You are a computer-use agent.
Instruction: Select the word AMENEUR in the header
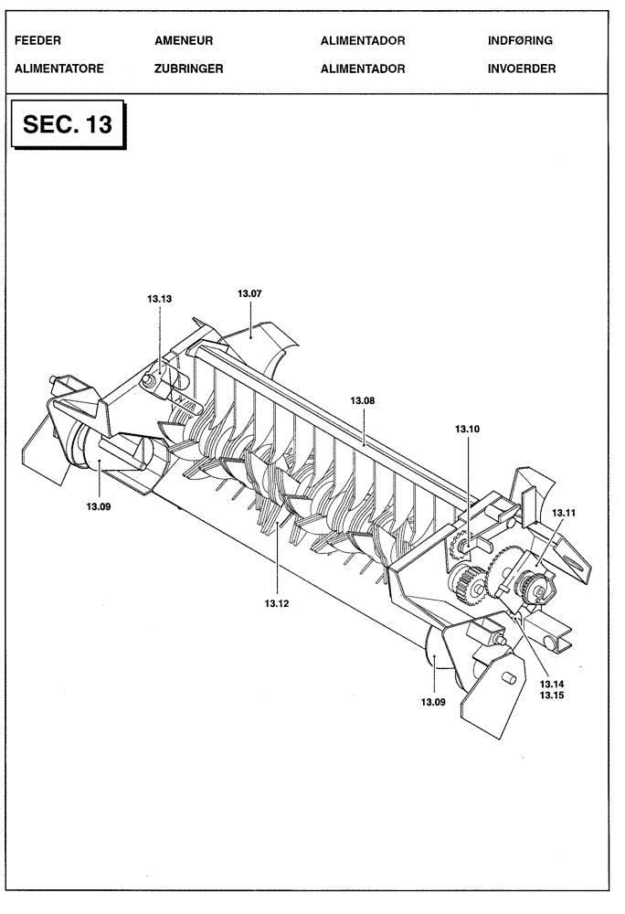[183, 41]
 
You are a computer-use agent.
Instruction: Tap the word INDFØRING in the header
[521, 41]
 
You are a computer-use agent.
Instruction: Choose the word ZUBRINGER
[189, 69]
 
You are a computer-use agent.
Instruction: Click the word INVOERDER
[522, 69]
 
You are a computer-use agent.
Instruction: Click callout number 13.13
[159, 298]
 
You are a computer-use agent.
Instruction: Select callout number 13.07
[249, 293]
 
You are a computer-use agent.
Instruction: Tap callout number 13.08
[364, 400]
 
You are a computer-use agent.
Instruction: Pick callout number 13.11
[563, 514]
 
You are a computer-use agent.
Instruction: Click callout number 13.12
[276, 603]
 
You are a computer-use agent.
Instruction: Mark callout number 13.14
[552, 684]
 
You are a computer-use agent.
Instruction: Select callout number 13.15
[552, 696]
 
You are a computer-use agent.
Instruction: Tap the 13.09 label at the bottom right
[433, 702]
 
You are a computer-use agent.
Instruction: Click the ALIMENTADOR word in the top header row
[363, 41]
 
